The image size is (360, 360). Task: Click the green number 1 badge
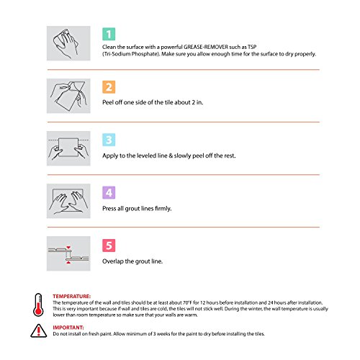point(109,34)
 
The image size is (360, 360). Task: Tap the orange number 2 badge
point(109,87)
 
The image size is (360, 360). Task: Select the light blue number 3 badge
point(109,140)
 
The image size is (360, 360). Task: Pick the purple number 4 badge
point(109,192)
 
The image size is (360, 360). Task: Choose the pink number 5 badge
point(109,246)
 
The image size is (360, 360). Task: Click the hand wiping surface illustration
point(68,43)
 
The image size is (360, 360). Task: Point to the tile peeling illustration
point(68,96)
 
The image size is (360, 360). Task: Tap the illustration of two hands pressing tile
point(68,201)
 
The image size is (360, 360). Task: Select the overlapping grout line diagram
point(68,253)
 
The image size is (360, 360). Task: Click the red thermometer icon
point(38,305)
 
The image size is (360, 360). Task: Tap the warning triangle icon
point(39,330)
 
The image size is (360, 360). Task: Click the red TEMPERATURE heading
point(72,296)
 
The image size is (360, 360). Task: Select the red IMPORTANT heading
point(68,328)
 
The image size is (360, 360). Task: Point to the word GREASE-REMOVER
point(206,47)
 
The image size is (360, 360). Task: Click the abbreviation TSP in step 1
point(252,47)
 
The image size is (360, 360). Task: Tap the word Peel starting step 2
point(107,102)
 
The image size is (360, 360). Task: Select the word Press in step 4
point(109,208)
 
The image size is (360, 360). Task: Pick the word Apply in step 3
point(110,156)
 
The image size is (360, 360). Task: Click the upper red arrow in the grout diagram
point(68,248)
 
